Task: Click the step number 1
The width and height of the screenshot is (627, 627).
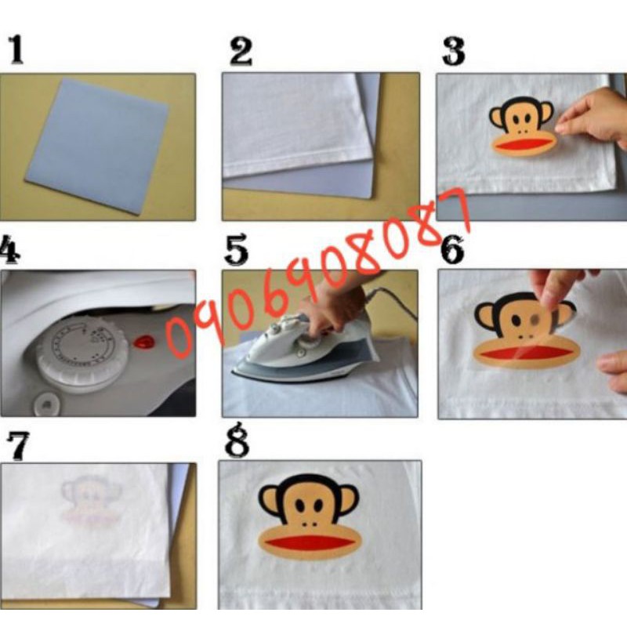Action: [x=16, y=49]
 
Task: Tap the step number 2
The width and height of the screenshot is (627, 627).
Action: [x=241, y=52]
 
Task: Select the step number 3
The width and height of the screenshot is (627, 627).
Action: [x=454, y=51]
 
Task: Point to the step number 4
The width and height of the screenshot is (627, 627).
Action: [x=9, y=249]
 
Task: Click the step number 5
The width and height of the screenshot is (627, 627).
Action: [x=237, y=250]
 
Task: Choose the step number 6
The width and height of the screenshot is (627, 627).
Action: [x=452, y=249]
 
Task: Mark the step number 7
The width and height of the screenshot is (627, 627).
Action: [x=18, y=446]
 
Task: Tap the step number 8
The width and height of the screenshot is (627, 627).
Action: [x=237, y=440]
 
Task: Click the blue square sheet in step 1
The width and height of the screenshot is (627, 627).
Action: [x=97, y=146]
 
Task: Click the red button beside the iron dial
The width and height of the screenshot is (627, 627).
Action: [x=143, y=342]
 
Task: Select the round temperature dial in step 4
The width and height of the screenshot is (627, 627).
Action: [x=83, y=352]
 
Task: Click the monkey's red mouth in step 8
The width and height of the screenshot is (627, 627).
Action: [x=310, y=543]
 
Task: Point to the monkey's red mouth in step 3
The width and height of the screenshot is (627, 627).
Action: [x=523, y=144]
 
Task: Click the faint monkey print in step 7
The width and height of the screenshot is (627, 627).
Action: [x=91, y=501]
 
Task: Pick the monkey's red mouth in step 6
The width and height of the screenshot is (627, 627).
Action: [x=527, y=352]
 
